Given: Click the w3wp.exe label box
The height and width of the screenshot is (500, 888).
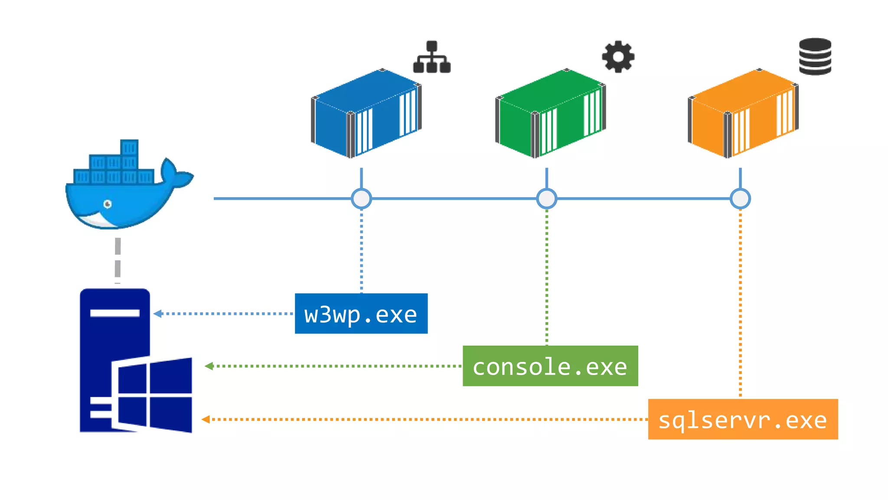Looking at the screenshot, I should point(361,313).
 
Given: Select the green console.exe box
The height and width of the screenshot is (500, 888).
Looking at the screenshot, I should point(550,366).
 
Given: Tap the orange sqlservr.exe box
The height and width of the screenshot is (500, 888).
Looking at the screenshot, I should point(742,419).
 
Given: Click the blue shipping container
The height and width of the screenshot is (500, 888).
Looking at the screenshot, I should point(366,113).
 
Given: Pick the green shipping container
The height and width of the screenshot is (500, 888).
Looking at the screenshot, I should point(550,113).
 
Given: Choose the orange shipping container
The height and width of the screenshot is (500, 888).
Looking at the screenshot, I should point(743,113).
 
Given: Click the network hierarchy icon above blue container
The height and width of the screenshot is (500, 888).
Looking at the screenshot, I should point(432,57).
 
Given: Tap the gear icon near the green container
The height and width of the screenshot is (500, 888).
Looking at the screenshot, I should point(618,56).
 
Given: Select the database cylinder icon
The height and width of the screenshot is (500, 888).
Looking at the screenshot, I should point(815,56).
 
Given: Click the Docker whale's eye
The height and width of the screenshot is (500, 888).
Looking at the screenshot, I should point(108,204).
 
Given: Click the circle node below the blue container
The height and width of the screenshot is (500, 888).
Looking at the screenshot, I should point(361,199).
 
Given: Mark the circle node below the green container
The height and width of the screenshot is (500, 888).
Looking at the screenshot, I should point(546,199).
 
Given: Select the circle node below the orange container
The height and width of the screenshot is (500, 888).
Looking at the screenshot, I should point(740,199).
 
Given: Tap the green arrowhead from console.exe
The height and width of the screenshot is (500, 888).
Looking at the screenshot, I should point(209,366).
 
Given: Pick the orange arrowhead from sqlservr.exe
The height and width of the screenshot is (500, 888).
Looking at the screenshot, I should point(206,419).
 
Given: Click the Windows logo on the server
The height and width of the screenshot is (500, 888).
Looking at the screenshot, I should point(154,395).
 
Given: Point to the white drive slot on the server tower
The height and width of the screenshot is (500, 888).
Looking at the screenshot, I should point(114,313).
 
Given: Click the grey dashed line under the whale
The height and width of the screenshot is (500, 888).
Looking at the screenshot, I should point(118,258).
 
